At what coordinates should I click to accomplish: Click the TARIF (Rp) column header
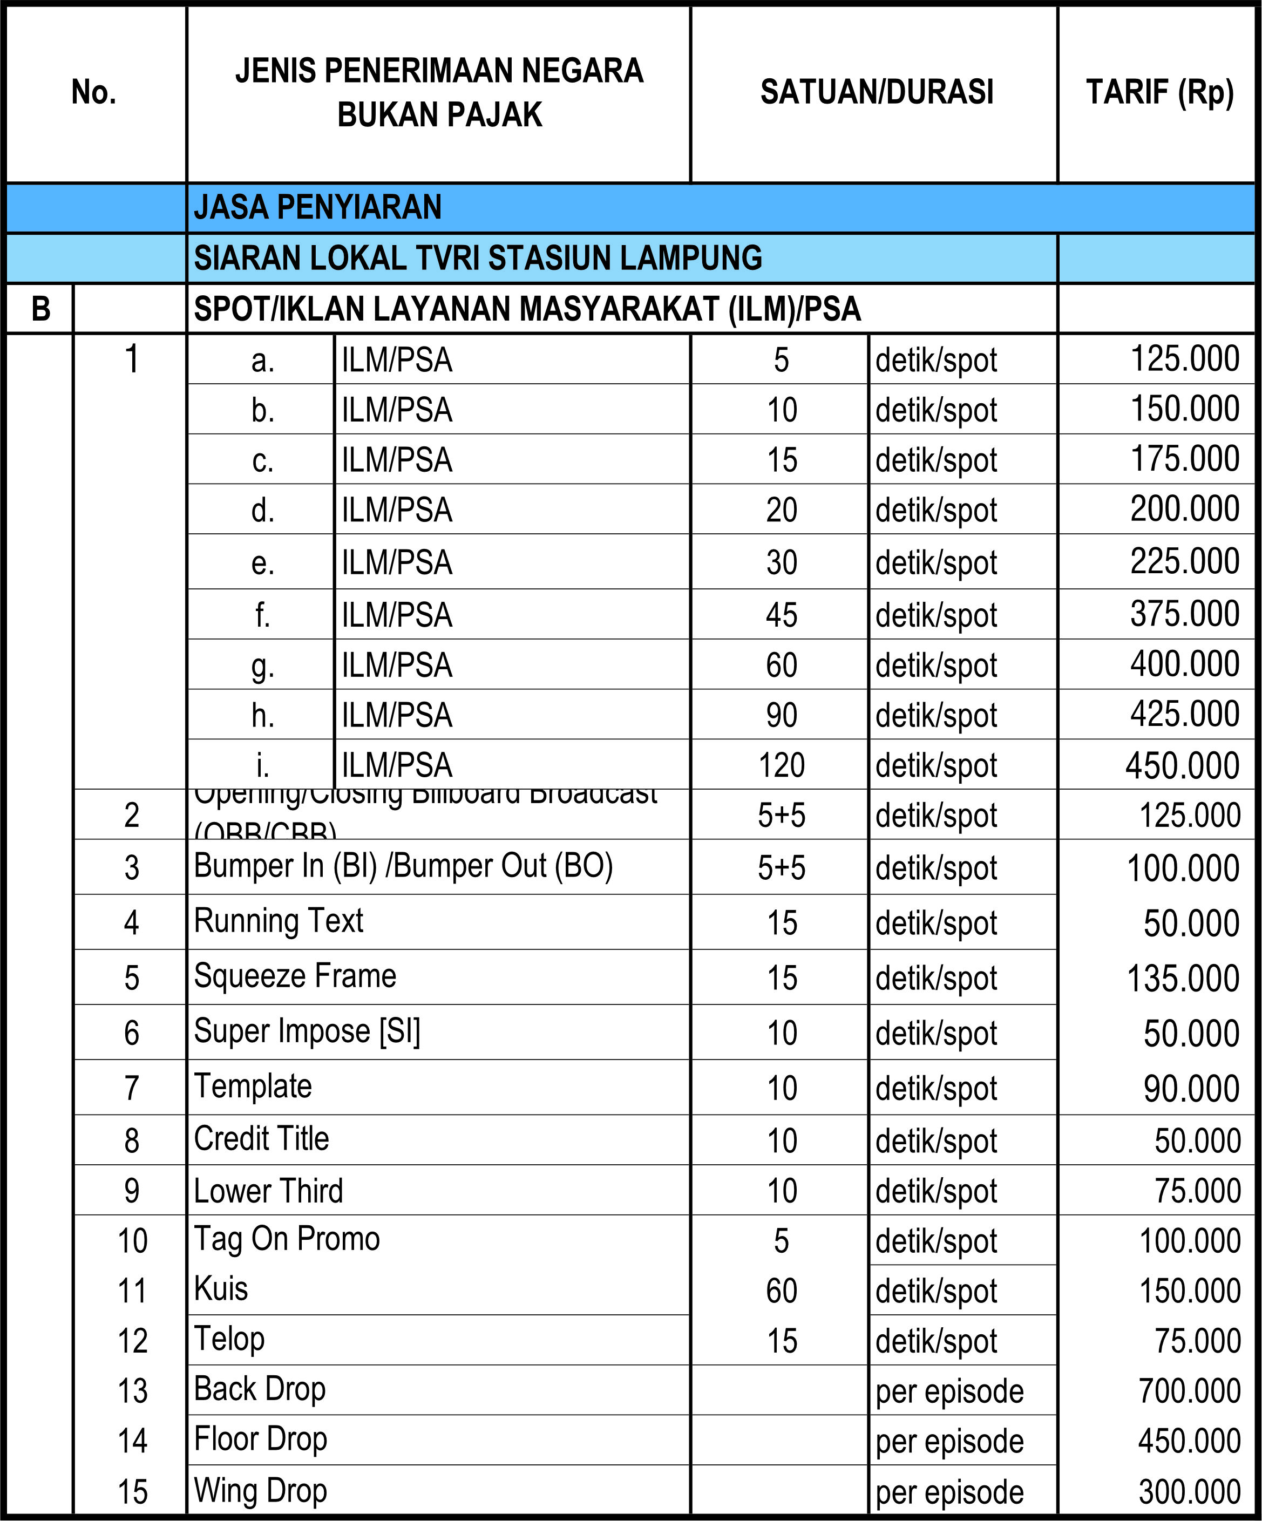pos(1158,93)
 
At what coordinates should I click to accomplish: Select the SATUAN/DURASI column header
pos(877,93)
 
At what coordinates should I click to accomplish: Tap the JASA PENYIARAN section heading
pos(317,207)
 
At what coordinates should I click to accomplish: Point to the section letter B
pos(40,309)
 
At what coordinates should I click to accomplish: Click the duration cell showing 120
pos(781,765)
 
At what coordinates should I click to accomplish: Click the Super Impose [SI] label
pos(307,1031)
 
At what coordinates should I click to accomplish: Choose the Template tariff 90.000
pos(1191,1089)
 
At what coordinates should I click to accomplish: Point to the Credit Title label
pos(262,1138)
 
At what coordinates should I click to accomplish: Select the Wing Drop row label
pos(261,1491)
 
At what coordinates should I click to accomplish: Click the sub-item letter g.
pos(262,666)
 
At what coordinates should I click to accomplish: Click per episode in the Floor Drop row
pos(949,1441)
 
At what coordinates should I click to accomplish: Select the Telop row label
pos(229,1339)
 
